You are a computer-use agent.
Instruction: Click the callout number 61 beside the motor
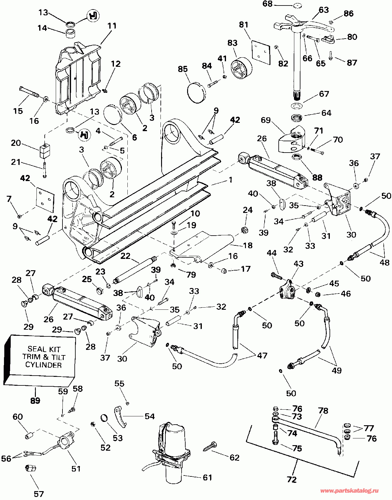tap(207, 477)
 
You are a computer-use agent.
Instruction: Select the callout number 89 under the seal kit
tap(35, 400)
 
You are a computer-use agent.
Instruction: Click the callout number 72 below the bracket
tap(292, 479)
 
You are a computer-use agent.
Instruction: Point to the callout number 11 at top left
tap(112, 25)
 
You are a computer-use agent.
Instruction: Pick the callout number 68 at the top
tap(267, 4)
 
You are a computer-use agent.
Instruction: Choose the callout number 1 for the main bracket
tap(230, 180)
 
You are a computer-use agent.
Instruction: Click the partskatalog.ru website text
tap(349, 491)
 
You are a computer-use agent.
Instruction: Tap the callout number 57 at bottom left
tap(39, 494)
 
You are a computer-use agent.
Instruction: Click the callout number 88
tap(317, 177)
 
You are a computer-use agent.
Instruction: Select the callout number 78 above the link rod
tap(323, 411)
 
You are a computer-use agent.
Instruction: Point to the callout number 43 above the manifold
tap(298, 264)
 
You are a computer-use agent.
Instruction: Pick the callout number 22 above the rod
tap(125, 256)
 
